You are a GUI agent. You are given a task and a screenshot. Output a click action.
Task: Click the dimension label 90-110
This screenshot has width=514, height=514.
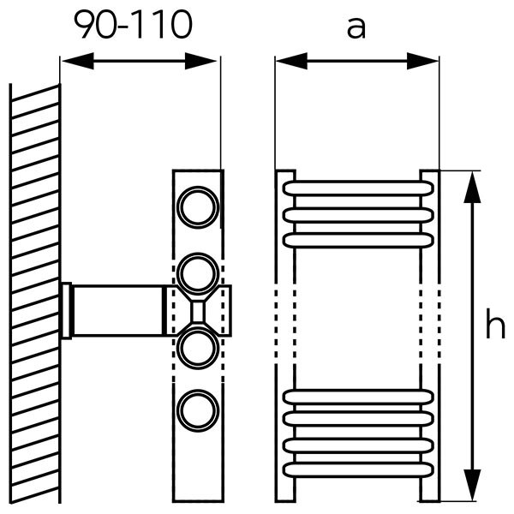(x=132, y=26)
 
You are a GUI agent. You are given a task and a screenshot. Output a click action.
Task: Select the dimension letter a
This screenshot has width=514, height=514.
(x=356, y=27)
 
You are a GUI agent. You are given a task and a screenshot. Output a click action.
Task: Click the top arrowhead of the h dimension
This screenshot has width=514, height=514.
(x=470, y=185)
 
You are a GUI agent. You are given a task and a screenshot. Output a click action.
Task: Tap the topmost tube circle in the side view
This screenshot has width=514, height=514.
(x=198, y=206)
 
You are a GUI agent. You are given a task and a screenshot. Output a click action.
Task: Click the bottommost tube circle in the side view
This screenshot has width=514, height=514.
(x=198, y=410)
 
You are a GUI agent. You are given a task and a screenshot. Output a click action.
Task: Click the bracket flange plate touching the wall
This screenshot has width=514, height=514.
(x=65, y=310)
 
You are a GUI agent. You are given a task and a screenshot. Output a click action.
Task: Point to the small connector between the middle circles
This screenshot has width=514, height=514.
(x=198, y=310)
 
